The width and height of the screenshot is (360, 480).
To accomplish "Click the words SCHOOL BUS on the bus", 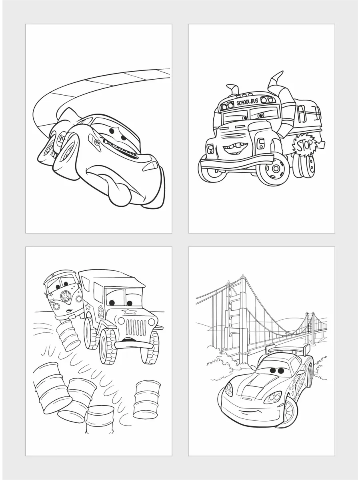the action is [x=247, y=102].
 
